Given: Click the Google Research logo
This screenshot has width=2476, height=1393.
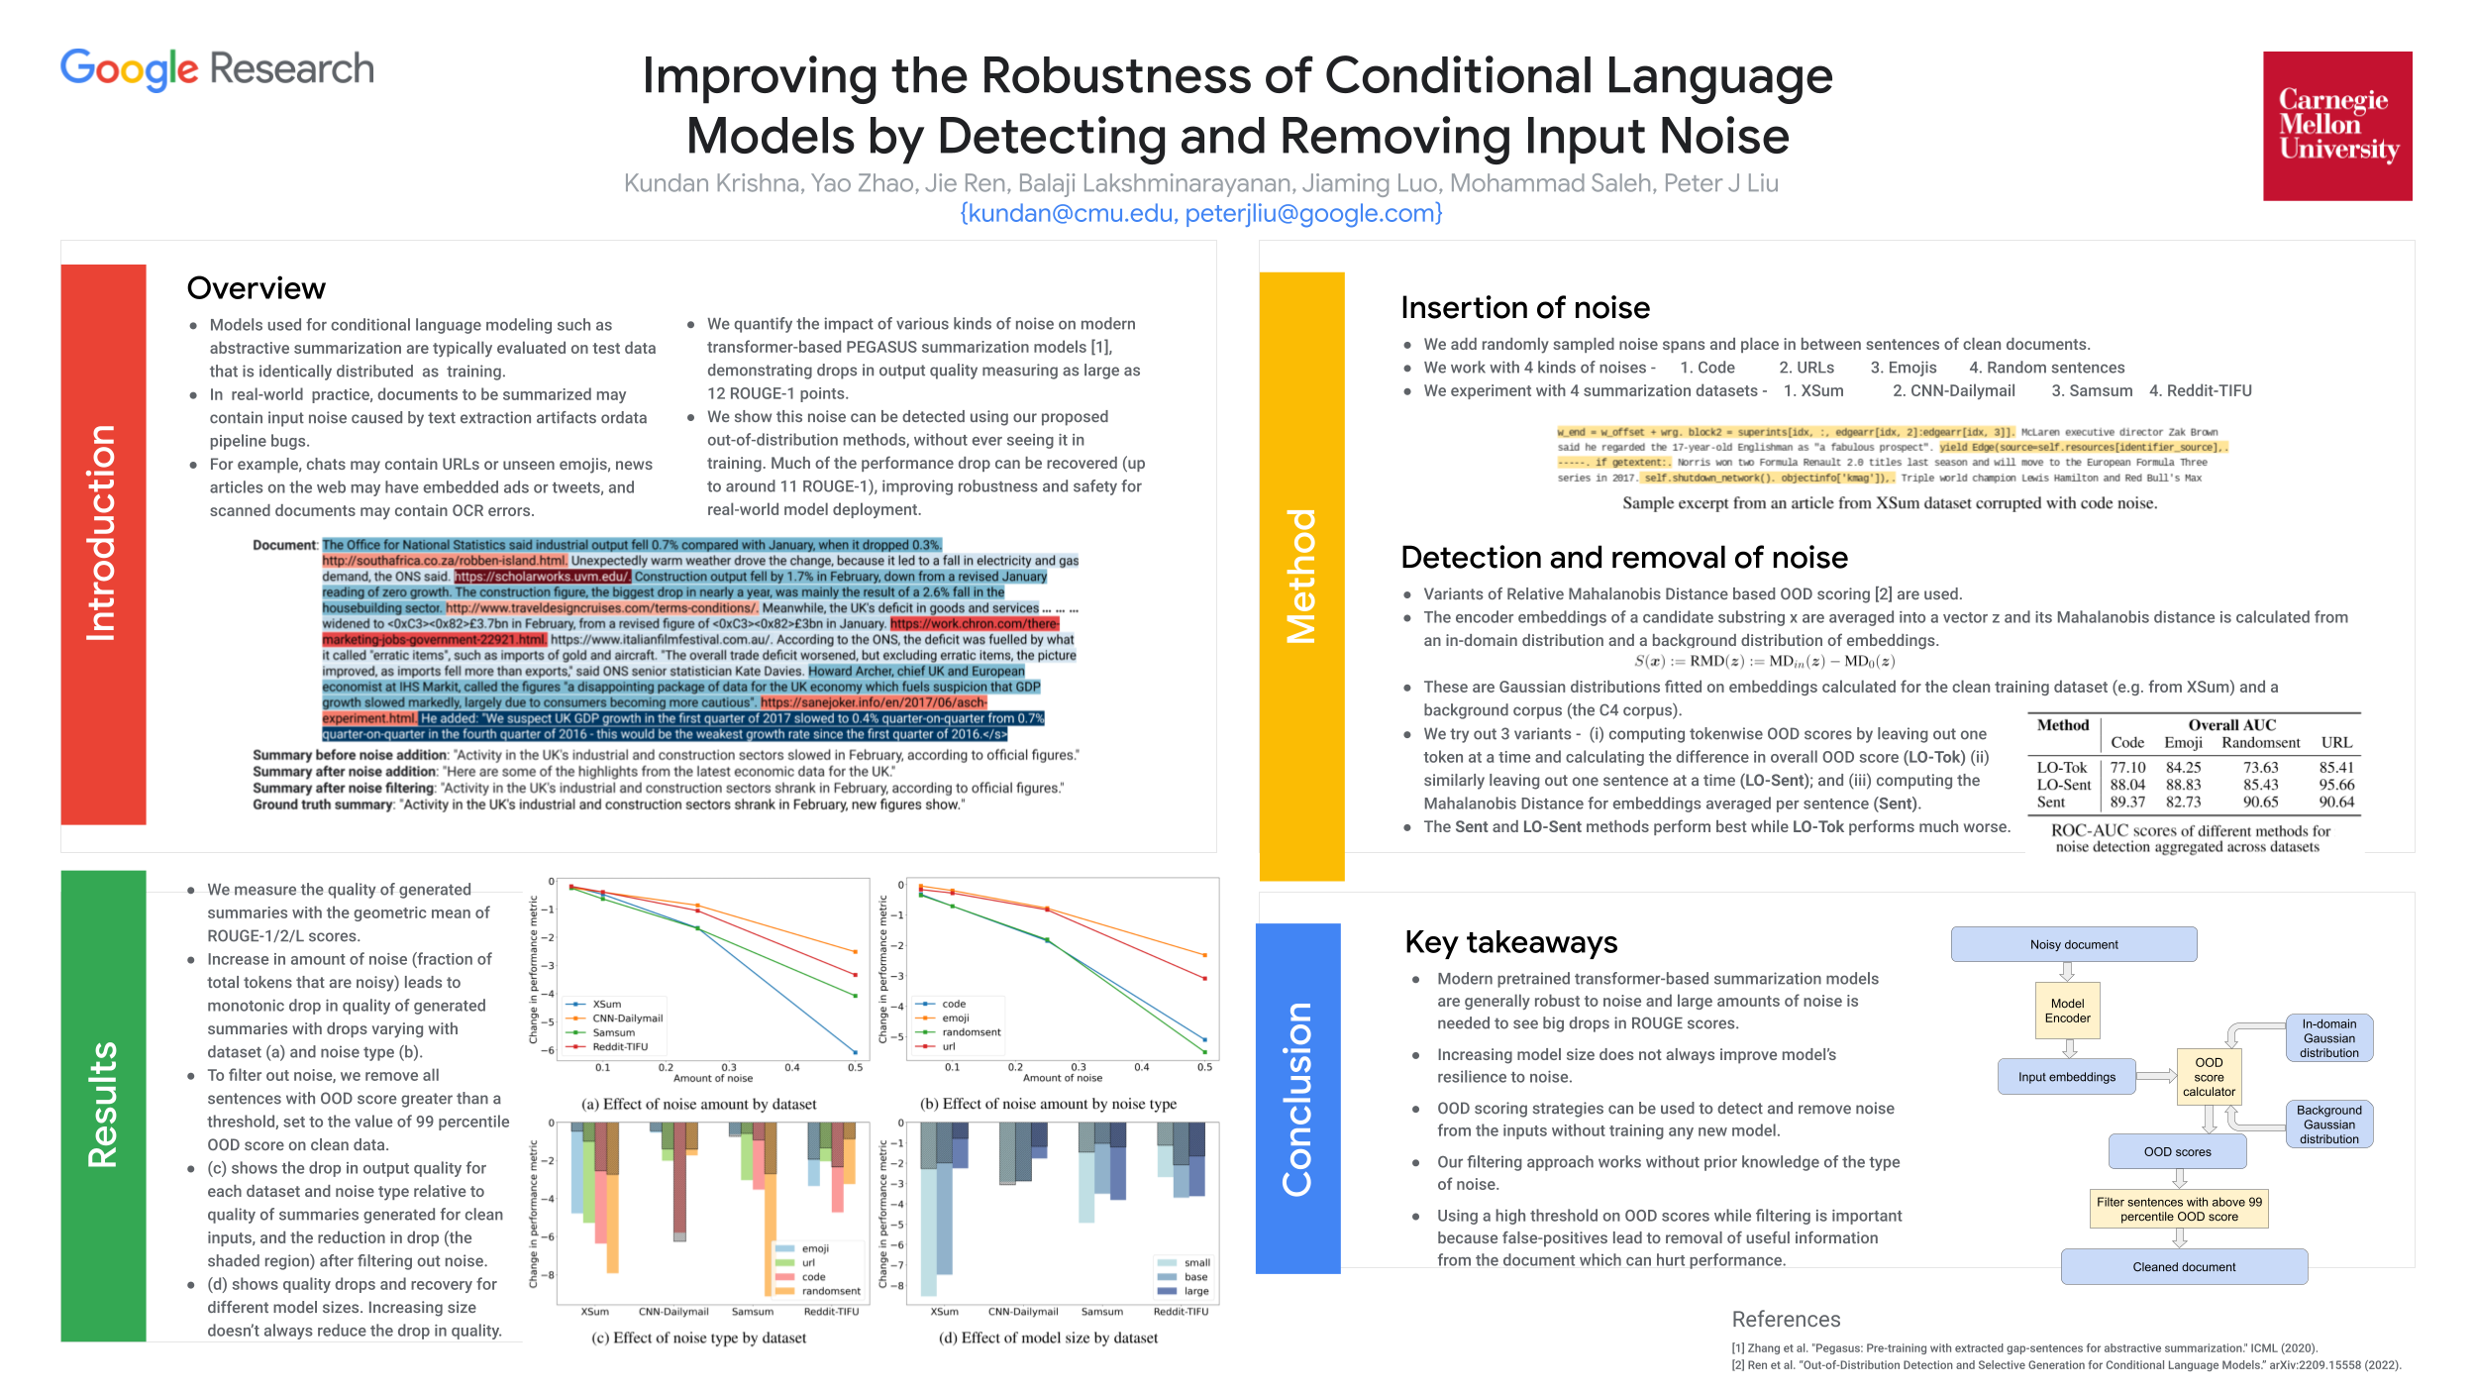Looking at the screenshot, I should point(217,68).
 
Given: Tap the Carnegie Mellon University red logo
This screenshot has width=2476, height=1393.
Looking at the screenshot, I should point(2337,126).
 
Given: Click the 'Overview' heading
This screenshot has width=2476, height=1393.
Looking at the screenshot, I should point(256,288).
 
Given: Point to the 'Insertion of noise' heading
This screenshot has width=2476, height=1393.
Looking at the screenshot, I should point(1524,308).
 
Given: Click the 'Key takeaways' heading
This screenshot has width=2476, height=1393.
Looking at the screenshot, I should point(1510,942).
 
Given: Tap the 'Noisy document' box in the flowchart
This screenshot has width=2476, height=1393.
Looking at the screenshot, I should point(2073,944).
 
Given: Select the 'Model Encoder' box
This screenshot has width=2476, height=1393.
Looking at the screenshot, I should point(2067,1011).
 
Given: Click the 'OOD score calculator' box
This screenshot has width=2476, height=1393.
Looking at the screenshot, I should point(2208,1077).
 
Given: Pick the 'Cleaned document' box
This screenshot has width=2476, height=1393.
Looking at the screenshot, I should point(2184,1266).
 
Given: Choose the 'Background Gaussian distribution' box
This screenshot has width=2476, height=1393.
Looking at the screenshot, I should point(2328,1125).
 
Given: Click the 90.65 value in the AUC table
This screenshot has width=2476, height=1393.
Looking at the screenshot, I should point(2260,803).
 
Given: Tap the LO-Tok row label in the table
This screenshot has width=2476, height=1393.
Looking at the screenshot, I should point(2061,768).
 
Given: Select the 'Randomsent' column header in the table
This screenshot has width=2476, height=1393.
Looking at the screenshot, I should point(2260,743).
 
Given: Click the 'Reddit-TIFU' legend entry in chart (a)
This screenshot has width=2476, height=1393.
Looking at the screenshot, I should point(619,1046).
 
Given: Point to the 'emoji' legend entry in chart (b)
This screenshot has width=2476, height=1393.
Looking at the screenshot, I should point(955,1018).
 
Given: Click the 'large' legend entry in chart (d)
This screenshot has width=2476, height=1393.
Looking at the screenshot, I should point(1195,1291).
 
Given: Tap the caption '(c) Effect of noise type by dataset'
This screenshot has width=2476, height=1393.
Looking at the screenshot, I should point(698,1338).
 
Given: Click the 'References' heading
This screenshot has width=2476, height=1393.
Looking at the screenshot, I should point(1786,1320).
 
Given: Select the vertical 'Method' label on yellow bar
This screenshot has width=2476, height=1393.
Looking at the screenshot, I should point(1301,576).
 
